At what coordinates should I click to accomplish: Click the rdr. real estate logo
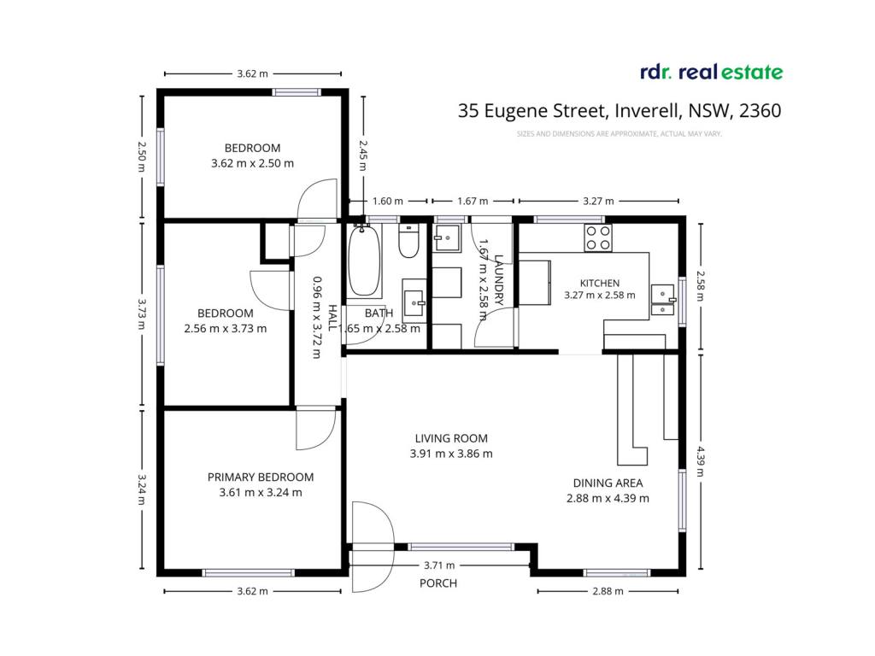click(712, 72)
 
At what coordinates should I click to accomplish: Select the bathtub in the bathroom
click(364, 261)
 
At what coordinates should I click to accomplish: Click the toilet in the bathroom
click(408, 240)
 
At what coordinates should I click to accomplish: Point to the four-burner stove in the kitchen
click(597, 237)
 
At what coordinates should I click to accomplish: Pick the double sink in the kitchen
click(663, 301)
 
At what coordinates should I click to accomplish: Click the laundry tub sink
click(446, 238)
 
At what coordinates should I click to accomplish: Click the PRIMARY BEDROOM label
click(261, 477)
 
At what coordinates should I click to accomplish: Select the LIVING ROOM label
click(451, 438)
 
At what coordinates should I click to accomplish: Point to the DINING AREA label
click(608, 483)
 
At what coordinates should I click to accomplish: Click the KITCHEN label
click(599, 283)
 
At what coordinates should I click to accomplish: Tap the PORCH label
click(438, 583)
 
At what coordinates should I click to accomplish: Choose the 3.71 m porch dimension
click(439, 565)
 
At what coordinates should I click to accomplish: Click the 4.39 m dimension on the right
click(701, 460)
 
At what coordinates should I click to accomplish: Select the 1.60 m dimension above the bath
click(387, 201)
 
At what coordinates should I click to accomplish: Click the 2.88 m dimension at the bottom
click(608, 591)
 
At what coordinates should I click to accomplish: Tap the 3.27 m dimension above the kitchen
click(598, 201)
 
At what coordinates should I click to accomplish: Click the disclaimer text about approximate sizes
click(619, 134)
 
